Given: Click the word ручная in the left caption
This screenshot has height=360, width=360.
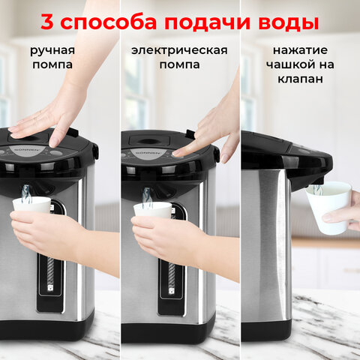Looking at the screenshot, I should [52, 50].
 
